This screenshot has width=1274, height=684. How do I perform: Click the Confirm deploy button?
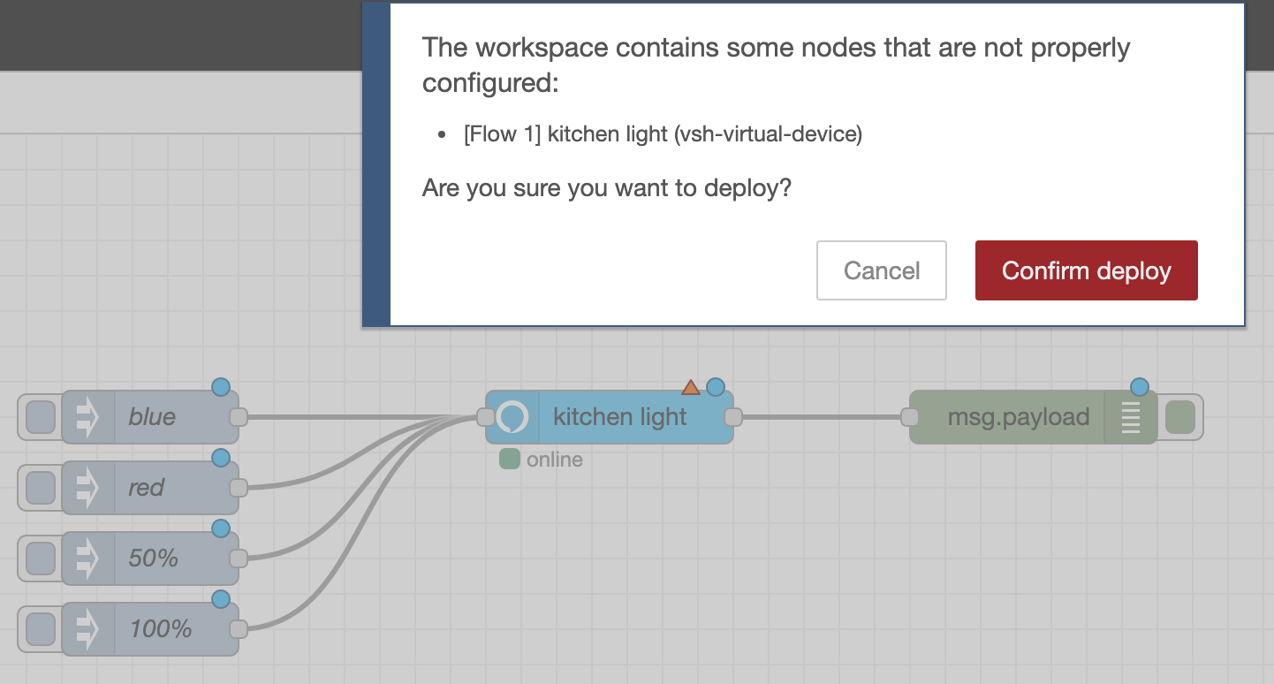click(x=1086, y=270)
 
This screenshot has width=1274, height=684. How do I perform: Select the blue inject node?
click(x=168, y=417)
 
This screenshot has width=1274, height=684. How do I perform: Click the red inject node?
click(x=168, y=488)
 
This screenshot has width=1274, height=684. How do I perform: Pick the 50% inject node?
click(x=168, y=559)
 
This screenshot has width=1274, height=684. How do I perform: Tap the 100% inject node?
click(x=168, y=629)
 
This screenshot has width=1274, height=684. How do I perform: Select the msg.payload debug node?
click(x=1016, y=417)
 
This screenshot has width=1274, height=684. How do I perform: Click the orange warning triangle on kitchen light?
click(x=691, y=387)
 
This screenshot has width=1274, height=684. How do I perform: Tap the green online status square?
click(x=509, y=459)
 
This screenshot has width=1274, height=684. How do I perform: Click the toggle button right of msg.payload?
click(x=1180, y=417)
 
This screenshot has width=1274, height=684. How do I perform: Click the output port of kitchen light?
click(x=732, y=417)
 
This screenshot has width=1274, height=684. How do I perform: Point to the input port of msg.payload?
click(x=910, y=417)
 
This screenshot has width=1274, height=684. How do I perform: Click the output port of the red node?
click(x=238, y=488)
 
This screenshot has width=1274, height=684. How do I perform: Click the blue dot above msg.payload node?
click(x=1140, y=387)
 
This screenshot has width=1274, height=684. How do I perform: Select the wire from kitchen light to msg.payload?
click(x=822, y=417)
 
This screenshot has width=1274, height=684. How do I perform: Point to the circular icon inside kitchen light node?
click(x=512, y=417)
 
